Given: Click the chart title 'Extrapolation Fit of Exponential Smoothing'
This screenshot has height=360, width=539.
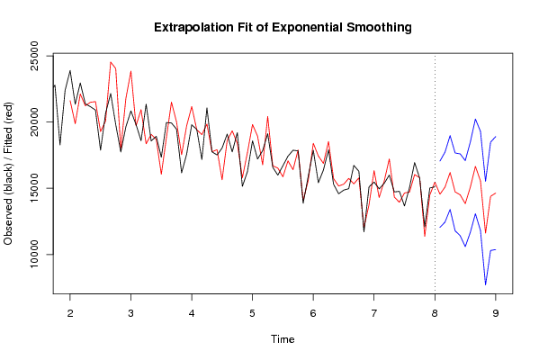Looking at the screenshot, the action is [x=283, y=27].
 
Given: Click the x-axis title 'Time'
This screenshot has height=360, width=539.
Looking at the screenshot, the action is [x=283, y=339].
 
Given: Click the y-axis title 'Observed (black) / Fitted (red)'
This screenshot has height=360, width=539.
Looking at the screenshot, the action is [x=8, y=174].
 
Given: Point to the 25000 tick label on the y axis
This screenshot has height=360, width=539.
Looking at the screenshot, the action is [x=35, y=56].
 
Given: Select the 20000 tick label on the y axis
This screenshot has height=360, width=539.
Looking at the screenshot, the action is [x=35, y=121].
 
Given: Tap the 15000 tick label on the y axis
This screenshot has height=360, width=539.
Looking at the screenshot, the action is [x=35, y=188].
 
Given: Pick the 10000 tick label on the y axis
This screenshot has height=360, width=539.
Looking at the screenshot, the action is [x=35, y=255].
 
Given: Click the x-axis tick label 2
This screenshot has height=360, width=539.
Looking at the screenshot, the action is [x=70, y=313].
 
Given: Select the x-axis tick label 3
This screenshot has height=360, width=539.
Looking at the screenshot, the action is [x=131, y=313].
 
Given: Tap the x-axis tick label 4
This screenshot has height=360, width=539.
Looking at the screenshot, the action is [x=192, y=313].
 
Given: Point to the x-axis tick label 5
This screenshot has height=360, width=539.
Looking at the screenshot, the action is [x=252, y=313].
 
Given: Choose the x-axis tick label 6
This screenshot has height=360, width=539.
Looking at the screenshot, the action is [x=313, y=313].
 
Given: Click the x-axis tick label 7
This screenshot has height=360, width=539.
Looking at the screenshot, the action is [x=374, y=313].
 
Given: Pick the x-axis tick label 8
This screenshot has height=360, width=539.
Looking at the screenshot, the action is [x=435, y=313].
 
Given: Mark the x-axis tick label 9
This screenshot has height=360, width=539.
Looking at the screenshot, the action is [x=495, y=313].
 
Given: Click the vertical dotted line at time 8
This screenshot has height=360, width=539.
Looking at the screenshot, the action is [x=435, y=174].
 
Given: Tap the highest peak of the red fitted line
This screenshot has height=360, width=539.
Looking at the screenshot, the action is [x=111, y=62].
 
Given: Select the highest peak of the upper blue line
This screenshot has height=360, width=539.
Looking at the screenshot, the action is [x=475, y=120].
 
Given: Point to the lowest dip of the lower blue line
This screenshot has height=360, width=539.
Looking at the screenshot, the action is [x=485, y=284].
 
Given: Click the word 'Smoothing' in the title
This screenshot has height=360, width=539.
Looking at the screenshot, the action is [x=379, y=28].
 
